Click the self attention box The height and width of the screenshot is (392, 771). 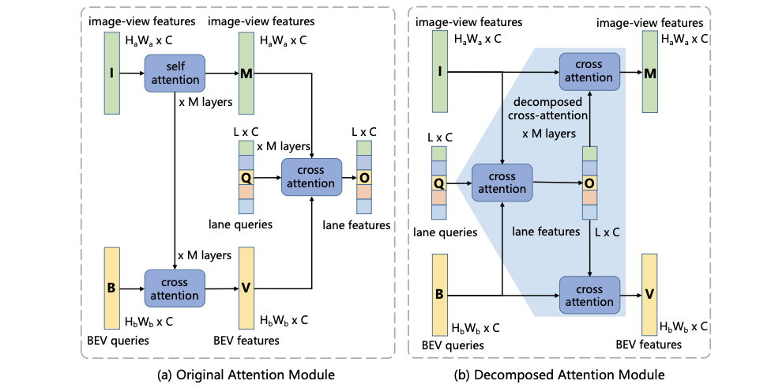click(x=175, y=71)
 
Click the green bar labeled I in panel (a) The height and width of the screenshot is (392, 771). click(x=112, y=74)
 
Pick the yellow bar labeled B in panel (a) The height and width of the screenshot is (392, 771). click(x=112, y=288)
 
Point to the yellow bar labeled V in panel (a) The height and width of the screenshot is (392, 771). click(x=245, y=288)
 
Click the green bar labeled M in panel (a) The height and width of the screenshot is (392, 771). click(x=246, y=74)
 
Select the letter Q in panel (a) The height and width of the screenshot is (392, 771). click(x=246, y=177)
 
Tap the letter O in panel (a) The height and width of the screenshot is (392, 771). click(x=364, y=177)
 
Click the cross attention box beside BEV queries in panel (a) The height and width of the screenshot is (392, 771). click(x=175, y=288)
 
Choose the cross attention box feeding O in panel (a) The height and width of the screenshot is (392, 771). click(x=312, y=177)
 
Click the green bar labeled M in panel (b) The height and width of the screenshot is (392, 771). click(x=651, y=73)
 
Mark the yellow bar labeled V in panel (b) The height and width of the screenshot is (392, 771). click(x=650, y=293)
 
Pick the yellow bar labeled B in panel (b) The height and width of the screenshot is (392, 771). click(x=439, y=294)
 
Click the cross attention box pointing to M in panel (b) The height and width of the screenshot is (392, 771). click(x=589, y=72)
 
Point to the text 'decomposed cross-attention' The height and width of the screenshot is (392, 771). click(x=547, y=110)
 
